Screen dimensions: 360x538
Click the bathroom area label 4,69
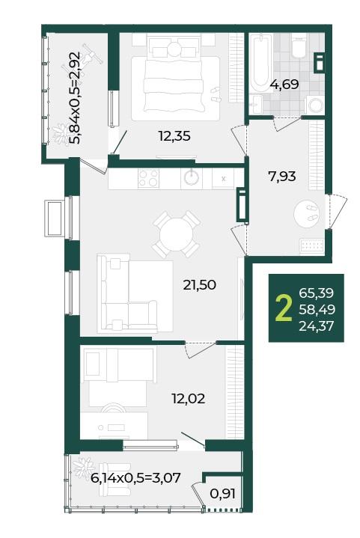click(284, 84)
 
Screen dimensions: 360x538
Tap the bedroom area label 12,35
click(174, 136)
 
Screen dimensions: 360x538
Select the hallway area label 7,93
click(281, 177)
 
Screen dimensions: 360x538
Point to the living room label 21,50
click(199, 284)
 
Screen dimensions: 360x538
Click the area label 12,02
click(189, 398)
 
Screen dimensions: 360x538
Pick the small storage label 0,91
click(223, 494)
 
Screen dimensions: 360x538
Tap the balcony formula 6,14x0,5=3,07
click(136, 477)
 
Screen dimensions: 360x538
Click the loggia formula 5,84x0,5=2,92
click(75, 98)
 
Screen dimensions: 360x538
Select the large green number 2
click(284, 309)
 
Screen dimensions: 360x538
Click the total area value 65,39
click(317, 293)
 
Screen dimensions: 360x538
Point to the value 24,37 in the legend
click(317, 325)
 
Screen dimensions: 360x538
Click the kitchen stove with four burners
click(149, 178)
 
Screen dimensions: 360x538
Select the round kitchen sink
click(192, 178)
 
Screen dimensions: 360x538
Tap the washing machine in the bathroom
click(314, 105)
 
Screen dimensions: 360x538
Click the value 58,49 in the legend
click(317, 310)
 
